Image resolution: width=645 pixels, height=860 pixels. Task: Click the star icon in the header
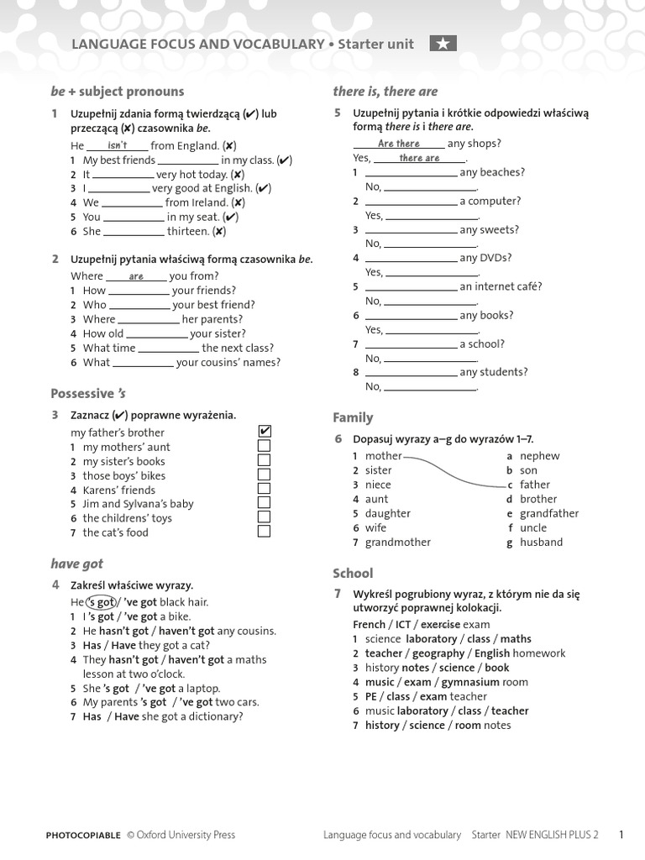pyautogui.click(x=443, y=45)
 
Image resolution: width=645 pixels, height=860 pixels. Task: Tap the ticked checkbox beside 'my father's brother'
pyautogui.click(x=265, y=432)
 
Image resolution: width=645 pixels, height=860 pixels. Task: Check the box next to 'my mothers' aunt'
pyautogui.click(x=265, y=446)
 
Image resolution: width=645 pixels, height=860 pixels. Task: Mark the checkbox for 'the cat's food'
pyautogui.click(x=265, y=532)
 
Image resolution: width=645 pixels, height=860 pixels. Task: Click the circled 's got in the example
pyautogui.click(x=101, y=602)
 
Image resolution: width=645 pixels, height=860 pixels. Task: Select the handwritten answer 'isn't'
pyautogui.click(x=118, y=145)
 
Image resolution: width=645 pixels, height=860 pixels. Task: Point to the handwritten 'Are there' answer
pyautogui.click(x=398, y=144)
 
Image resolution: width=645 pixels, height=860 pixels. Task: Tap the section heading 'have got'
pyautogui.click(x=76, y=564)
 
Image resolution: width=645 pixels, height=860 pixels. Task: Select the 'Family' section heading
pyautogui.click(x=353, y=417)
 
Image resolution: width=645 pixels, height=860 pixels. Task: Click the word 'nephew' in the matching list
pyautogui.click(x=539, y=456)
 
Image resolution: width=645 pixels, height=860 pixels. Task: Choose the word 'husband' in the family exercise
pyautogui.click(x=541, y=542)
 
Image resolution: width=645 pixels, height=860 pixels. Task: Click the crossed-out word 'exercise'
pyautogui.click(x=440, y=625)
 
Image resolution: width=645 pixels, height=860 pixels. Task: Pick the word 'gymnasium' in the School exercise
pyautogui.click(x=469, y=682)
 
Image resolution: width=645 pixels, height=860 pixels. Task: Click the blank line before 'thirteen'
pyautogui.click(x=134, y=233)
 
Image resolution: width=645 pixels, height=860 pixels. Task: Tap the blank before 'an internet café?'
pyautogui.click(x=412, y=288)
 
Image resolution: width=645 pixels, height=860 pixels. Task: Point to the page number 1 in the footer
pyautogui.click(x=621, y=835)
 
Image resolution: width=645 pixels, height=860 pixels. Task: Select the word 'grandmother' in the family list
pyautogui.click(x=397, y=542)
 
